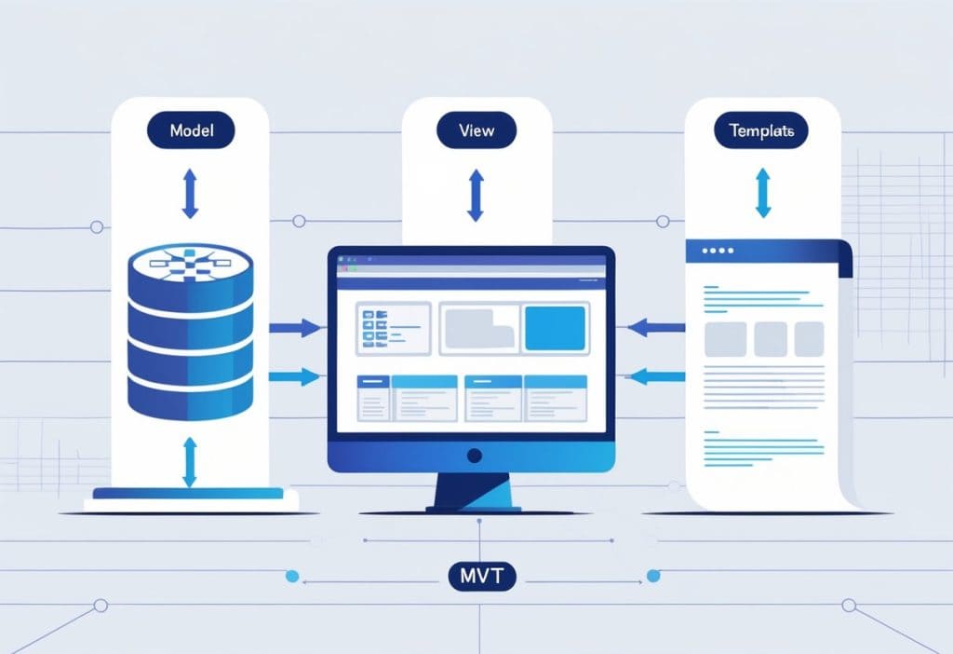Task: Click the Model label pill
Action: [191, 130]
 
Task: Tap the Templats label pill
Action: [761, 131]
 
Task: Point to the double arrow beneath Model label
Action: [190, 193]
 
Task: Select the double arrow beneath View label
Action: [475, 196]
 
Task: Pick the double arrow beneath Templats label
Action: [762, 193]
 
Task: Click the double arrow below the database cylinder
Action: [190, 463]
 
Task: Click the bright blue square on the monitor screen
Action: [555, 329]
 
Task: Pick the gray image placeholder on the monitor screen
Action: [478, 329]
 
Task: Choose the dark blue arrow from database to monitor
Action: [295, 328]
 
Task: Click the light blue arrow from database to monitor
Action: [295, 376]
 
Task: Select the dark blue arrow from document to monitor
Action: [656, 327]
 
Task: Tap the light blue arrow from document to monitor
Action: [656, 376]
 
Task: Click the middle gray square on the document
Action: [770, 339]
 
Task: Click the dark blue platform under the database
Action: [190, 493]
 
